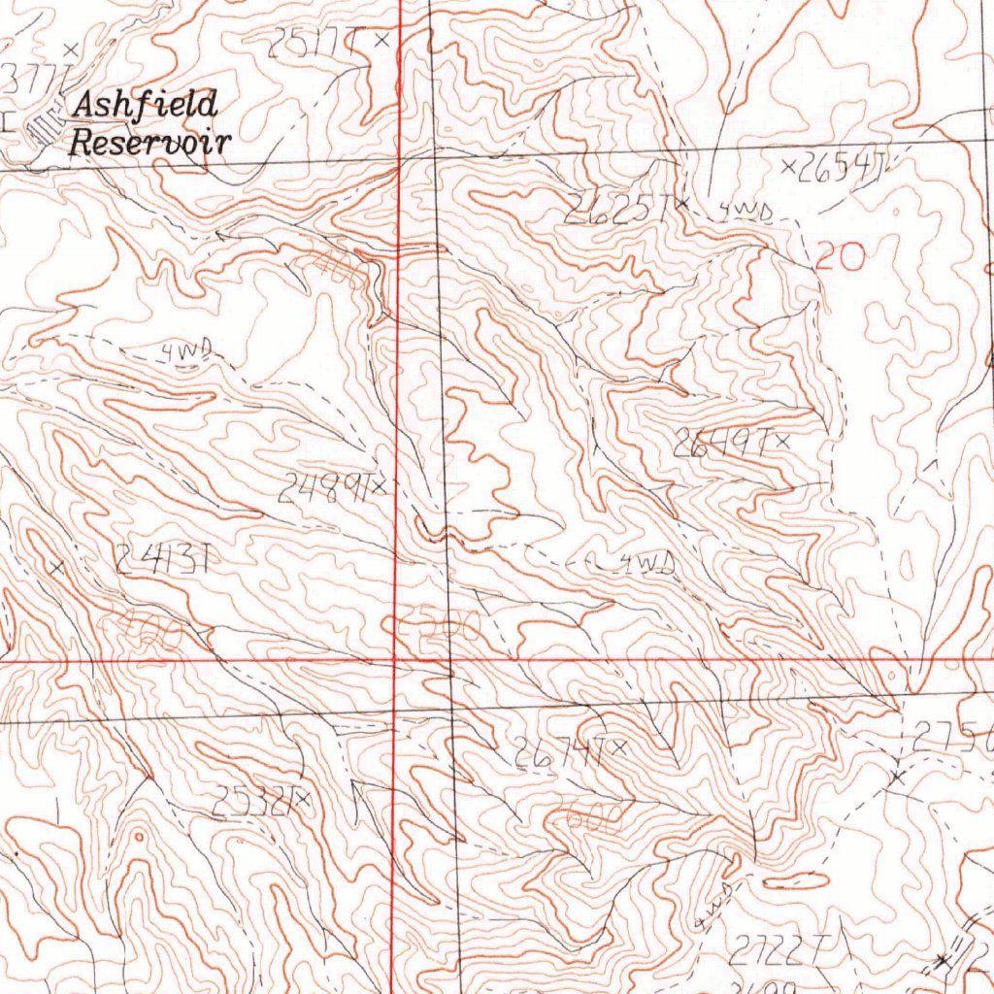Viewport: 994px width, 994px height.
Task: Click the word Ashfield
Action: (x=146, y=105)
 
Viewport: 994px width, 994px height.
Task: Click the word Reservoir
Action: (x=150, y=144)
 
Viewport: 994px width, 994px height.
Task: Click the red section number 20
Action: (x=838, y=257)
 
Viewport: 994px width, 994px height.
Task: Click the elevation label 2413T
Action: (x=163, y=558)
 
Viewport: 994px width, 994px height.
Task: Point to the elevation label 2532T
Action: (x=251, y=802)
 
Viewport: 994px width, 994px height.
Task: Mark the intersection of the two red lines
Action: (x=394, y=660)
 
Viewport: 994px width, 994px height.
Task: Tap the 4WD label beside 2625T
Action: (x=745, y=212)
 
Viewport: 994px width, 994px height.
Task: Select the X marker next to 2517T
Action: (x=381, y=41)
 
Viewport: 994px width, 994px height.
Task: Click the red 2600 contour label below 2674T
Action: (x=587, y=820)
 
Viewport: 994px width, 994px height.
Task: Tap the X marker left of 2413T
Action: (x=57, y=568)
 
